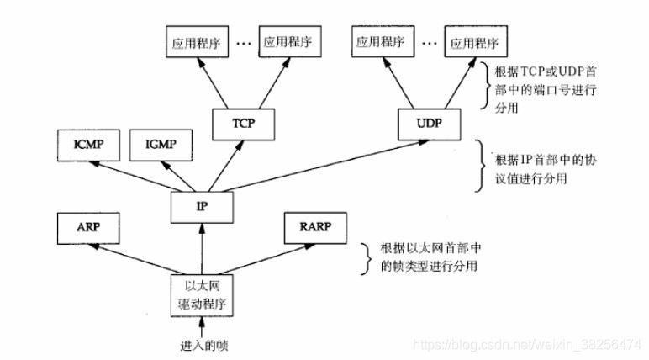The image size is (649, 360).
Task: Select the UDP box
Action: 423,123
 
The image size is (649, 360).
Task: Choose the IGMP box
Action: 161,145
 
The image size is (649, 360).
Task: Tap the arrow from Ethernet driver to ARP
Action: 139,258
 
